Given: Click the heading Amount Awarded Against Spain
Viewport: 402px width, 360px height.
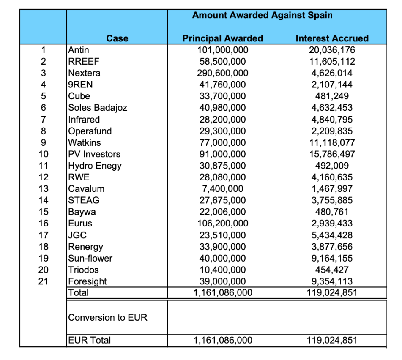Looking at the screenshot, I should click(x=262, y=15).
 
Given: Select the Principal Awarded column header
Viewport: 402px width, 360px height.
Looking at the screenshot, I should click(x=222, y=38).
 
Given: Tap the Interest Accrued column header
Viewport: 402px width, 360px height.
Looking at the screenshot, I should click(x=332, y=38).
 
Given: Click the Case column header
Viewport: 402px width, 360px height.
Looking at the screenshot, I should click(x=117, y=38).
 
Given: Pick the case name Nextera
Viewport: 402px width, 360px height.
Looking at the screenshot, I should click(x=85, y=73).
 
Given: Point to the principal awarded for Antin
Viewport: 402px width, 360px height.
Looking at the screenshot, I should click(x=223, y=50).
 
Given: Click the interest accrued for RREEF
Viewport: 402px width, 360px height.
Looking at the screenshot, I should click(x=332, y=61).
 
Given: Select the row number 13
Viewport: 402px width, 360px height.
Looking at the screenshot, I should click(x=43, y=189).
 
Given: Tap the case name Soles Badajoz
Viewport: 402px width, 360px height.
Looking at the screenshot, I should click(x=98, y=108).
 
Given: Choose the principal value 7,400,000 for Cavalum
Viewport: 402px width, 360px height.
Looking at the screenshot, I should click(x=223, y=189).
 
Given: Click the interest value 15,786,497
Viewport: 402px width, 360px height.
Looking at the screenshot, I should click(x=332, y=154).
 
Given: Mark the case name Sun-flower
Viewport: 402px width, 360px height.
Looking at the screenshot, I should click(x=90, y=258).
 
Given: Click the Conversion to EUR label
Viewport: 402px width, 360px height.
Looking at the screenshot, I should click(x=108, y=317).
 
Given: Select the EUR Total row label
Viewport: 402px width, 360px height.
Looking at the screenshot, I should click(x=90, y=340).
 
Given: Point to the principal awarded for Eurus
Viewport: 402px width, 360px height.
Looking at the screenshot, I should click(x=223, y=224).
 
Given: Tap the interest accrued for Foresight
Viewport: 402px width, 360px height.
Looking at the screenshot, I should click(x=332, y=281).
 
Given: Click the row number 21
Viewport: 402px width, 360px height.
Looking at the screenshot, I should click(x=43, y=281).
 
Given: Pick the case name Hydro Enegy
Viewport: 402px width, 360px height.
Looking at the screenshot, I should click(x=95, y=166).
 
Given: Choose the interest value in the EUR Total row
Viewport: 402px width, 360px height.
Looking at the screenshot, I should click(x=332, y=340).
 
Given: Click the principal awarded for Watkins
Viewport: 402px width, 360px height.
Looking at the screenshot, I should click(x=223, y=142).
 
